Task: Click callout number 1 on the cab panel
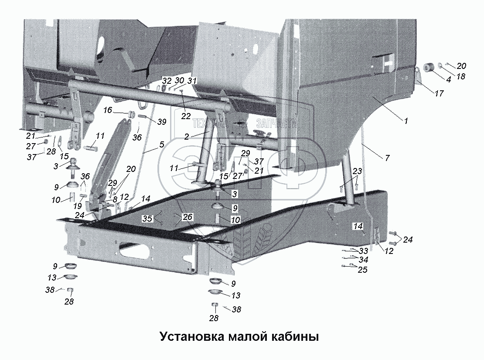click(x=406, y=121)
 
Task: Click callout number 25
click(x=362, y=270)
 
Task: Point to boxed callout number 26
click(x=187, y=217)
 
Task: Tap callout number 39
click(x=162, y=122)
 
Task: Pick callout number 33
click(x=363, y=251)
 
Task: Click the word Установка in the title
click(x=191, y=337)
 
